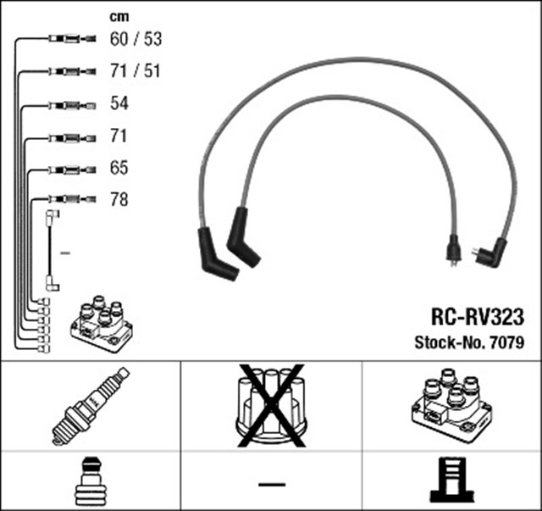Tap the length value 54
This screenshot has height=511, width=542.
click(x=119, y=103)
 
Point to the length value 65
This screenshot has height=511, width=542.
click(x=119, y=168)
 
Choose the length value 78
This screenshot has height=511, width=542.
click(x=119, y=200)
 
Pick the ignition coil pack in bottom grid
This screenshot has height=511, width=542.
click(x=451, y=405)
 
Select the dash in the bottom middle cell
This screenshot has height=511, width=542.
click(x=271, y=483)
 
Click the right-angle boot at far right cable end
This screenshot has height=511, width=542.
click(x=490, y=251)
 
